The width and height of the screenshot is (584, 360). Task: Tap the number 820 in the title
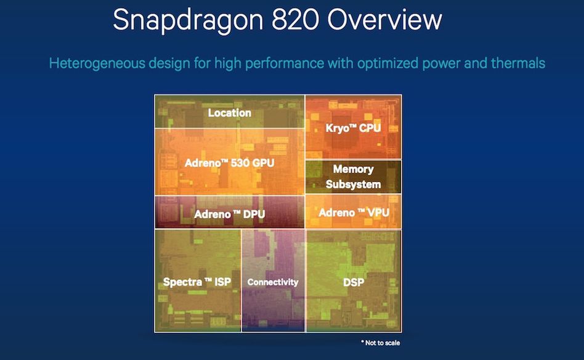(x=295, y=18)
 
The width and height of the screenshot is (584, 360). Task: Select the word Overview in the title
(x=385, y=18)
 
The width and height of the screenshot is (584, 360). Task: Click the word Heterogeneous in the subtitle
(x=97, y=63)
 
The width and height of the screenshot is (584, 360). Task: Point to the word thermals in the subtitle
(x=518, y=63)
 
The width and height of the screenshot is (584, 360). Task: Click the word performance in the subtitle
(x=285, y=63)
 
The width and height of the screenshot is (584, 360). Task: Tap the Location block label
(x=229, y=113)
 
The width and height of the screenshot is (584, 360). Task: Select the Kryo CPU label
(x=353, y=128)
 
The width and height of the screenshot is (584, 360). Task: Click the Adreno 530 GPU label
(x=229, y=163)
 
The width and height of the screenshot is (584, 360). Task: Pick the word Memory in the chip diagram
(x=353, y=169)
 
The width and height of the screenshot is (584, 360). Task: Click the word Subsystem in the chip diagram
(x=353, y=184)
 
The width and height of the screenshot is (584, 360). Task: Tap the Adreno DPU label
(x=229, y=215)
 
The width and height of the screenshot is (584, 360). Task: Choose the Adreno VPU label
(x=354, y=213)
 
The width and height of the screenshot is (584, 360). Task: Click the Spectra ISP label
(x=197, y=282)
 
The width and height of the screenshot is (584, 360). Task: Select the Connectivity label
(x=273, y=282)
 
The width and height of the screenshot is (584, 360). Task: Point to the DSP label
(x=354, y=282)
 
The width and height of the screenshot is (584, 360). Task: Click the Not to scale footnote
(x=381, y=343)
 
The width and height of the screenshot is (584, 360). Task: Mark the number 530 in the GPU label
(x=241, y=163)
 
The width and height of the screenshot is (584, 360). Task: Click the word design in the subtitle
(x=169, y=63)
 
